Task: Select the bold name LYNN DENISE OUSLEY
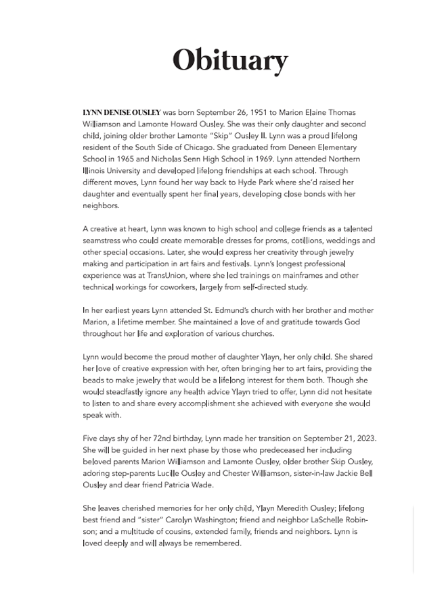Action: click(x=122, y=112)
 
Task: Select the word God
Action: click(x=352, y=322)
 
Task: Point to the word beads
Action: click(x=94, y=380)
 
